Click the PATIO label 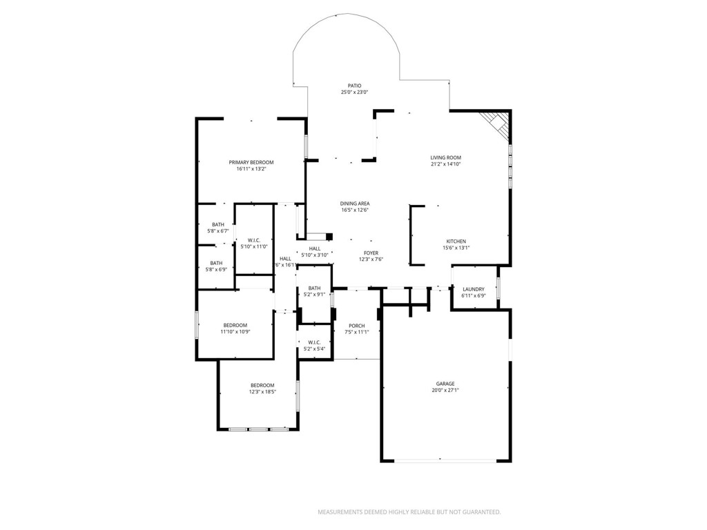tap(354, 86)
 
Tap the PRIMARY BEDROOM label tap(251, 162)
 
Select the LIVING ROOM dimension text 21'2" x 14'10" tap(445, 164)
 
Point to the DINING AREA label tap(355, 204)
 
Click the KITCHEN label tap(456, 242)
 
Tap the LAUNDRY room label tap(473, 289)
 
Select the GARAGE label tap(445, 384)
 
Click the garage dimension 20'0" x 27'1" tap(445, 390)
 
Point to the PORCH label tap(356, 326)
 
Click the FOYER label tap(371, 253)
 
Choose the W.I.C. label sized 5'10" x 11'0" tap(253, 240)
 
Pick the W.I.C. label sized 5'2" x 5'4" tap(314, 342)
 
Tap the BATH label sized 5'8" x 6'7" tap(217, 224)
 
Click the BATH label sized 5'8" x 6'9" tap(216, 263)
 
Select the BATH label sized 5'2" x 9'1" tap(314, 288)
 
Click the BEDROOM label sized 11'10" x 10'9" tap(235, 325)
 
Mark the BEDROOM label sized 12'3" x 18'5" tap(262, 385)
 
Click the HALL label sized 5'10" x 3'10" tap(314, 248)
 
